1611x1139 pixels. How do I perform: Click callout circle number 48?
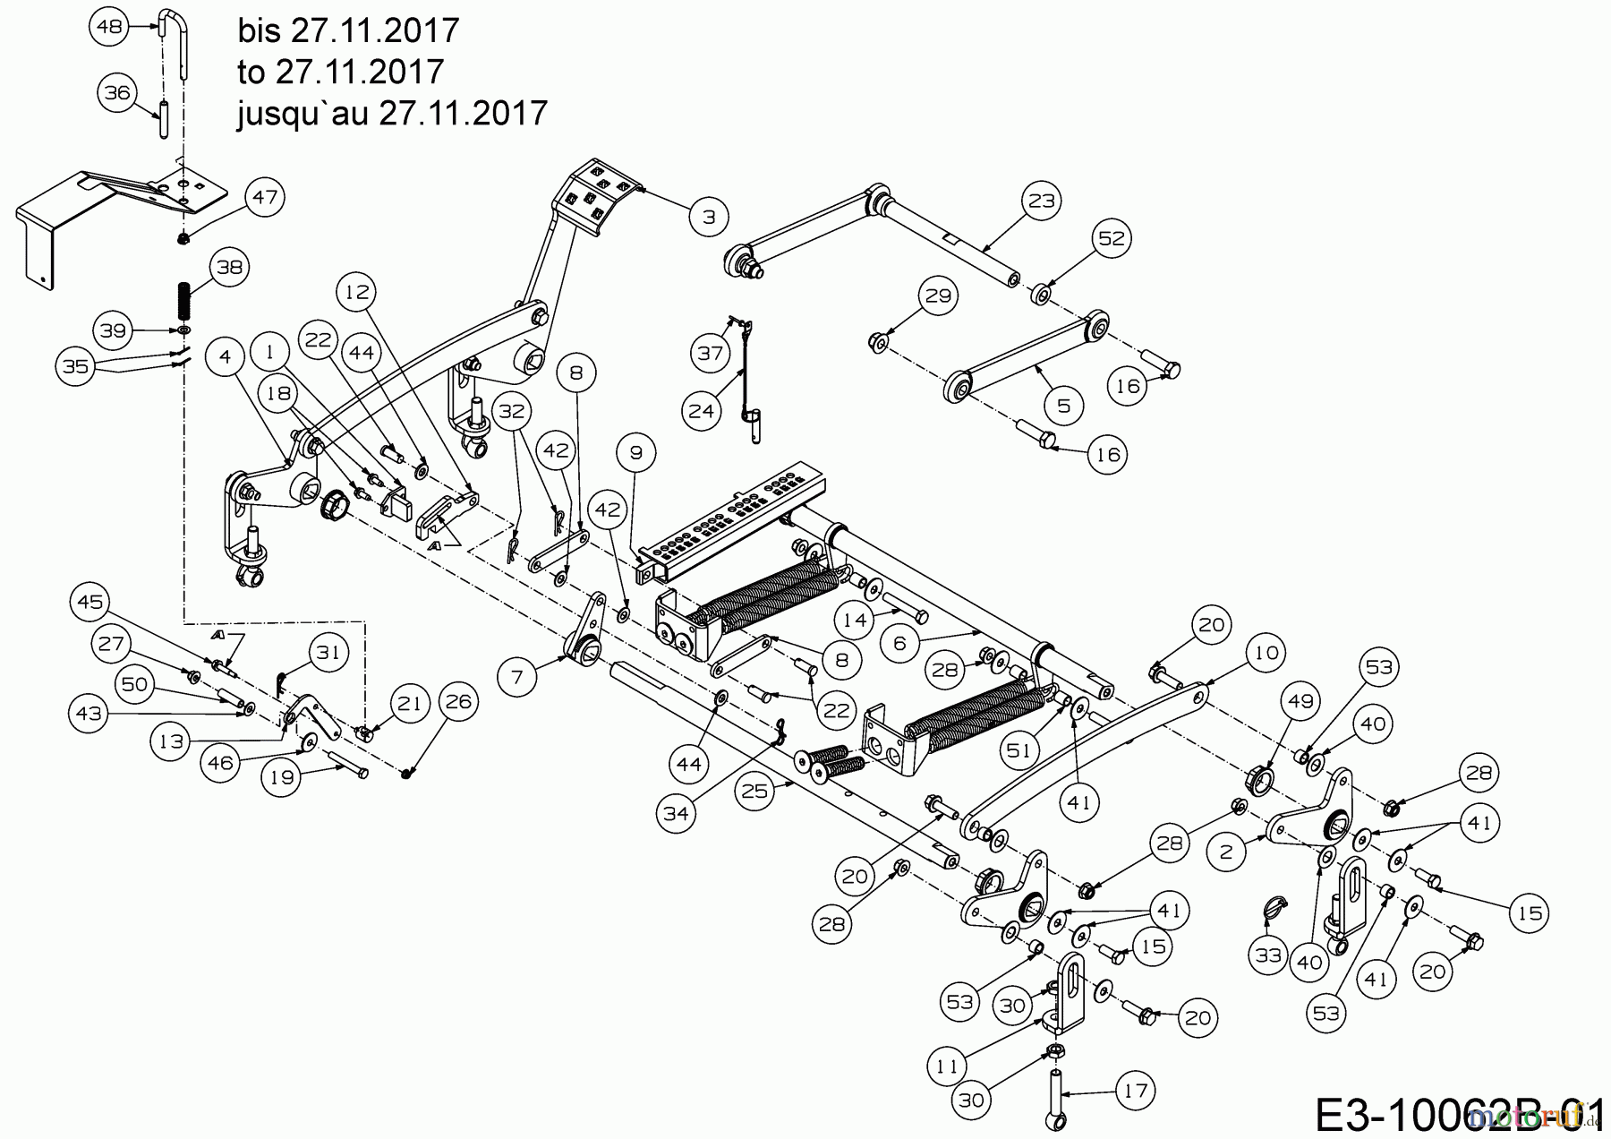[109, 28]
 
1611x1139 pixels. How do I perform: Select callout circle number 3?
[709, 217]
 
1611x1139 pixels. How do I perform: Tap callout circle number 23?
[1042, 201]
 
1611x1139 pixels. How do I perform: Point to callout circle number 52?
[1112, 238]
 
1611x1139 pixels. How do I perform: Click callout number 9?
[636, 453]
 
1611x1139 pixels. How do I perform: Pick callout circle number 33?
[1268, 956]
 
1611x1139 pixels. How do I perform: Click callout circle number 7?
[516, 678]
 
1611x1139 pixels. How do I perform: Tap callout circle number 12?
[357, 292]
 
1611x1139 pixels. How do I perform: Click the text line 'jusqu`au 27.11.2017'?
[392, 114]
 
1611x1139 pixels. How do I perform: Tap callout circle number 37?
[711, 354]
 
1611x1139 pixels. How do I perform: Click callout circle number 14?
[856, 620]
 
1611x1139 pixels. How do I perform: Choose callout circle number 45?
[89, 603]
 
